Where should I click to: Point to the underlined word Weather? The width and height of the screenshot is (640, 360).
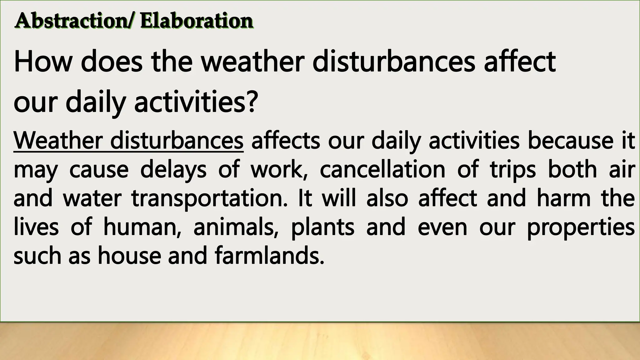(58, 141)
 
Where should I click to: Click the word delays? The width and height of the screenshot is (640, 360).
(173, 170)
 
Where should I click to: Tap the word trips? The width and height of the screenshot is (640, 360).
(512, 170)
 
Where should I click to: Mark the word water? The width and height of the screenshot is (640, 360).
(92, 199)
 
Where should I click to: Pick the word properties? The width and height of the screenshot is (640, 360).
(581, 227)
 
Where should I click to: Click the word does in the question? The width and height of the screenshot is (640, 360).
(112, 62)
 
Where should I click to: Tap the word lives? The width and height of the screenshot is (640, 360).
(36, 227)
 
